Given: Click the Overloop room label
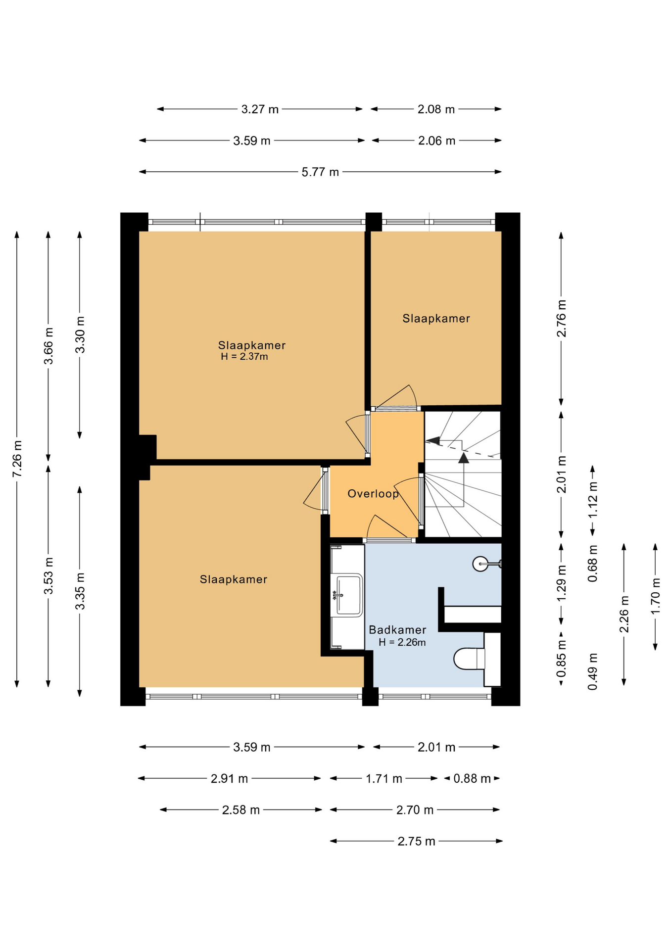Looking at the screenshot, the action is (x=373, y=493).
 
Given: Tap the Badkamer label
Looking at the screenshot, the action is (x=397, y=630).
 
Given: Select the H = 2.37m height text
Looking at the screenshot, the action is (x=244, y=356).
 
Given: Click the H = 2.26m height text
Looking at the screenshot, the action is (x=402, y=642).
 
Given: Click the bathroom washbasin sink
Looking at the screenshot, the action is (x=349, y=595).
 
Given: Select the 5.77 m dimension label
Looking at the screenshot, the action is (x=320, y=172).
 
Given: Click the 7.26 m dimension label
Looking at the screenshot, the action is (x=17, y=459).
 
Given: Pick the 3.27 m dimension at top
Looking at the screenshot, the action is (x=260, y=109).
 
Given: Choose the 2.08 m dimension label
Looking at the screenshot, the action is (x=436, y=109).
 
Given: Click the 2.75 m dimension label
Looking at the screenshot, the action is (x=416, y=841).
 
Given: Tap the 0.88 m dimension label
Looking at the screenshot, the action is (x=472, y=778).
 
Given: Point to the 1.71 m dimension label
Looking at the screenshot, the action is (x=384, y=778).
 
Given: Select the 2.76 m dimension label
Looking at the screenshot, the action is (x=562, y=318).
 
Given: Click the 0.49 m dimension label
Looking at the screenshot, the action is (x=593, y=671).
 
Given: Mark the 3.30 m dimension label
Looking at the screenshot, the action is (x=80, y=334).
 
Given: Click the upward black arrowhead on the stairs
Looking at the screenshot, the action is (x=463, y=457).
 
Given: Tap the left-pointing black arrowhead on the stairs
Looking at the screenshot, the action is (x=432, y=440).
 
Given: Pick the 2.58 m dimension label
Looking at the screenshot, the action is (x=240, y=810).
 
